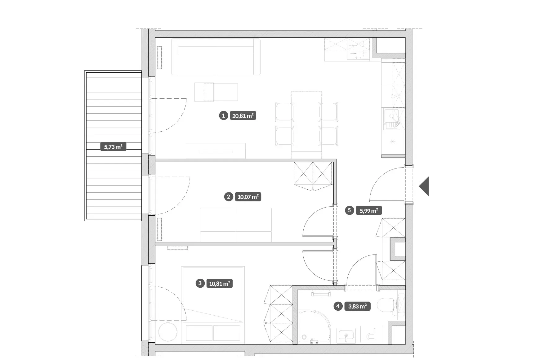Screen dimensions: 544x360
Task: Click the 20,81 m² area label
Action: [x=243, y=116]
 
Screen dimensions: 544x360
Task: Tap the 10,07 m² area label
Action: [x=248, y=197]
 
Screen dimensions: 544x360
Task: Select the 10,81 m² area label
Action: [x=220, y=284]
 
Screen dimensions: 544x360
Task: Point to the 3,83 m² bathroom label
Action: [x=357, y=307]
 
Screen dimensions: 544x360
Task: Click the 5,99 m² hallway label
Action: [x=369, y=211]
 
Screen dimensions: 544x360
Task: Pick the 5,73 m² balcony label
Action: [x=113, y=147]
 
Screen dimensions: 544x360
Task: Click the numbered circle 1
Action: [x=223, y=116]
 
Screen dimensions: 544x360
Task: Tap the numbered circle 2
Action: [x=229, y=197]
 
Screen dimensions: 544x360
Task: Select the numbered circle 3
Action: [x=200, y=283]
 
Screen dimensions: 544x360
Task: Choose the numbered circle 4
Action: [x=338, y=307]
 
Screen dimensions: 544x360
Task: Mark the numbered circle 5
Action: [x=349, y=210]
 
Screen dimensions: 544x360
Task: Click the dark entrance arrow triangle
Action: [x=424, y=186]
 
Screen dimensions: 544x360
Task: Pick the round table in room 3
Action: [x=168, y=332]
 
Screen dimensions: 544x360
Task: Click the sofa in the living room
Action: [x=216, y=57]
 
